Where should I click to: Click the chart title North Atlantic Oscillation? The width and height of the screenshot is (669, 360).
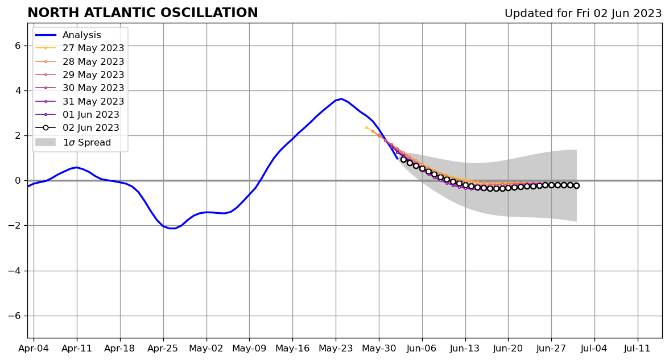(142, 13)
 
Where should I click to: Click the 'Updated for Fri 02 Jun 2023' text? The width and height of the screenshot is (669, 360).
(583, 14)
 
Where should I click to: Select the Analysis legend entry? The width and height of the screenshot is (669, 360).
(68, 35)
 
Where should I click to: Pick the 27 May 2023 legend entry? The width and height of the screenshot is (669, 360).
(80, 48)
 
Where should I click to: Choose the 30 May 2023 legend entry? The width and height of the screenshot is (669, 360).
(80, 88)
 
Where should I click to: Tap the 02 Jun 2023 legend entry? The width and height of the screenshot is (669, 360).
(77, 127)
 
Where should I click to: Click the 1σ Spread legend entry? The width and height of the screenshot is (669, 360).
(73, 142)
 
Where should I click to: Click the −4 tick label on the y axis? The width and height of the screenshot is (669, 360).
(15, 271)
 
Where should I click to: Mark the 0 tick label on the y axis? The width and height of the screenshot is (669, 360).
(18, 181)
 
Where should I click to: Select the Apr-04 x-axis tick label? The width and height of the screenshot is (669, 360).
(34, 349)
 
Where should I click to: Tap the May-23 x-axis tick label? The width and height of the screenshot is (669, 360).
(336, 349)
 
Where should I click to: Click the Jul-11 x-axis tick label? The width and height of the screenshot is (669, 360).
(637, 349)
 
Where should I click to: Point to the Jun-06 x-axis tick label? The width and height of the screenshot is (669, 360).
(422, 349)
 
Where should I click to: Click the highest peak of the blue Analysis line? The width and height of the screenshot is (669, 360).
(342, 99)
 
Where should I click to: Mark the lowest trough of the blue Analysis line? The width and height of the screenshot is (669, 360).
(172, 229)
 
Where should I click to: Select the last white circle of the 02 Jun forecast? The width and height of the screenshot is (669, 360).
(576, 185)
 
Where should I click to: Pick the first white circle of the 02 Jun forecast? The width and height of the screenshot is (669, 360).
(404, 159)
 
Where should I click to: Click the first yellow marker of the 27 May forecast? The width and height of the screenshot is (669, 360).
(366, 127)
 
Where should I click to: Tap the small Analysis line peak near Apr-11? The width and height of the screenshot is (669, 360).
(77, 167)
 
